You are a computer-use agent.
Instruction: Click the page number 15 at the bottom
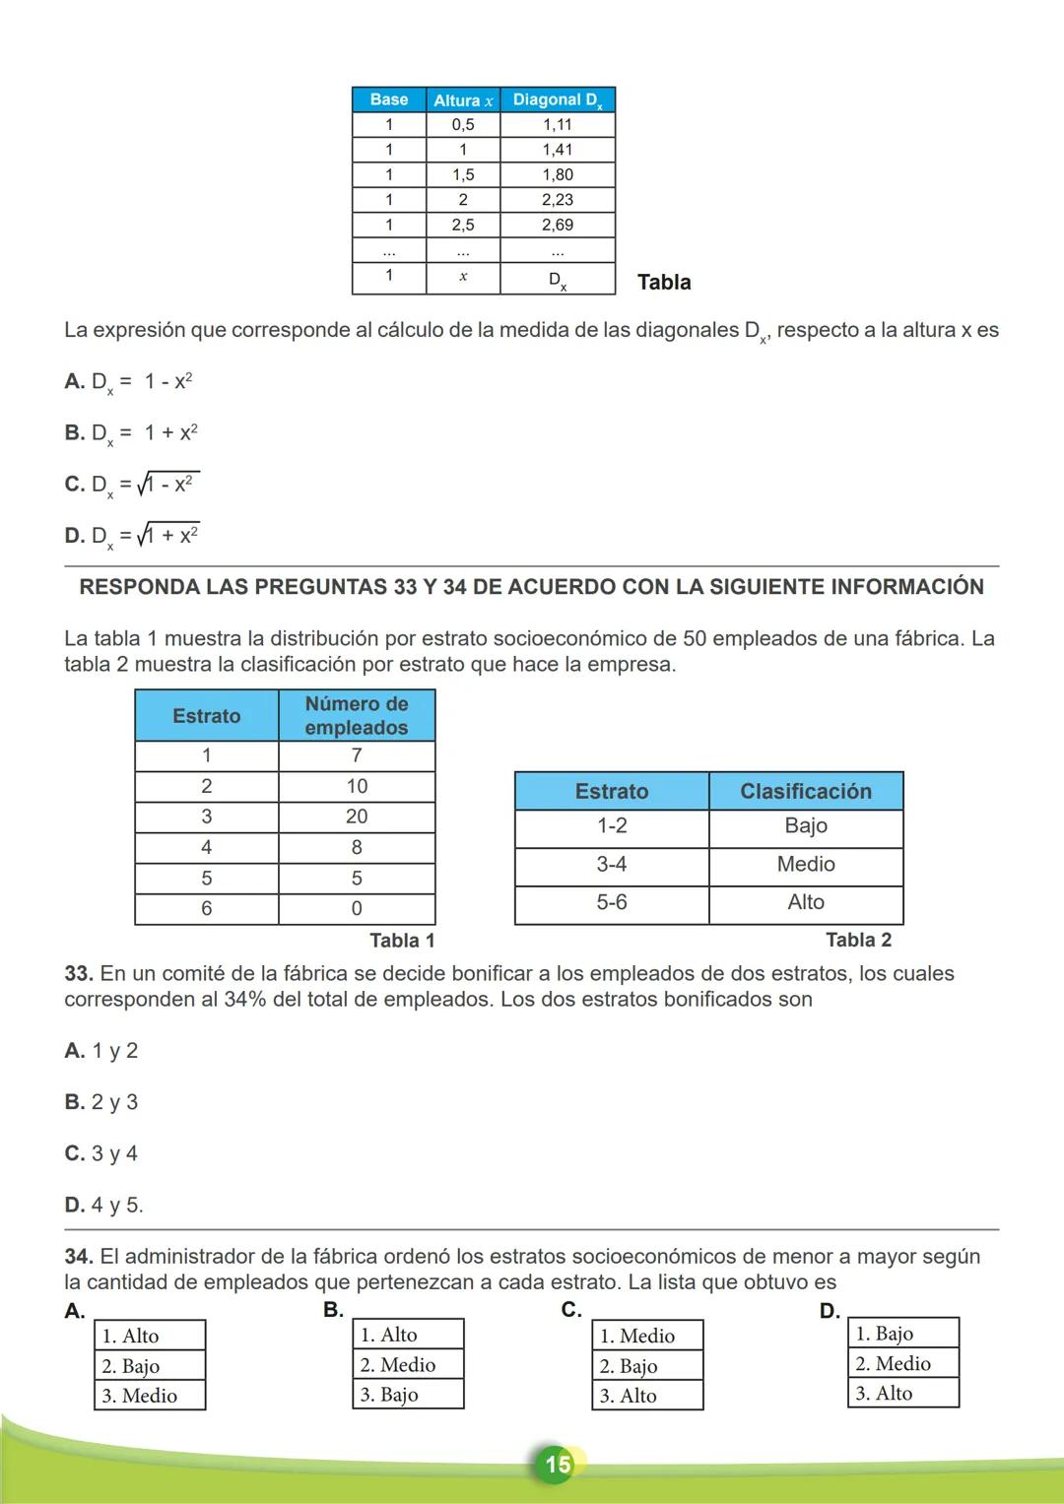click(558, 1465)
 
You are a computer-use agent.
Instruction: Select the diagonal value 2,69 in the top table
click(558, 225)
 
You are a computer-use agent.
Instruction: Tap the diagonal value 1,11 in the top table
click(558, 125)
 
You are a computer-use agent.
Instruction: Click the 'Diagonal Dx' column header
click(558, 99)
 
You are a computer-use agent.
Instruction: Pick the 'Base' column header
click(389, 99)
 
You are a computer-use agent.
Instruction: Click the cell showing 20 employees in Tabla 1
click(357, 817)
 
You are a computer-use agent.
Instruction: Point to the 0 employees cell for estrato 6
click(357, 908)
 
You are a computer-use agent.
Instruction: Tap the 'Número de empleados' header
click(357, 716)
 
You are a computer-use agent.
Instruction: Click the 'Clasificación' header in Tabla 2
click(806, 792)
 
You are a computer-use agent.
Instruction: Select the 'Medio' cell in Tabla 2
click(806, 864)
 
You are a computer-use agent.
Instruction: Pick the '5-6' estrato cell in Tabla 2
click(612, 902)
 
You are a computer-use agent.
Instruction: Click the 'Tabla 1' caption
click(402, 941)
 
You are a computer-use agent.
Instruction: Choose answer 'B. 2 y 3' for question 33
click(101, 1102)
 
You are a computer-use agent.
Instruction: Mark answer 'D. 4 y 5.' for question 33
click(103, 1205)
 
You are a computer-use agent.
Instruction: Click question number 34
click(79, 1257)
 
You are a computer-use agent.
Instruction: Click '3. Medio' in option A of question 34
click(140, 1396)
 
